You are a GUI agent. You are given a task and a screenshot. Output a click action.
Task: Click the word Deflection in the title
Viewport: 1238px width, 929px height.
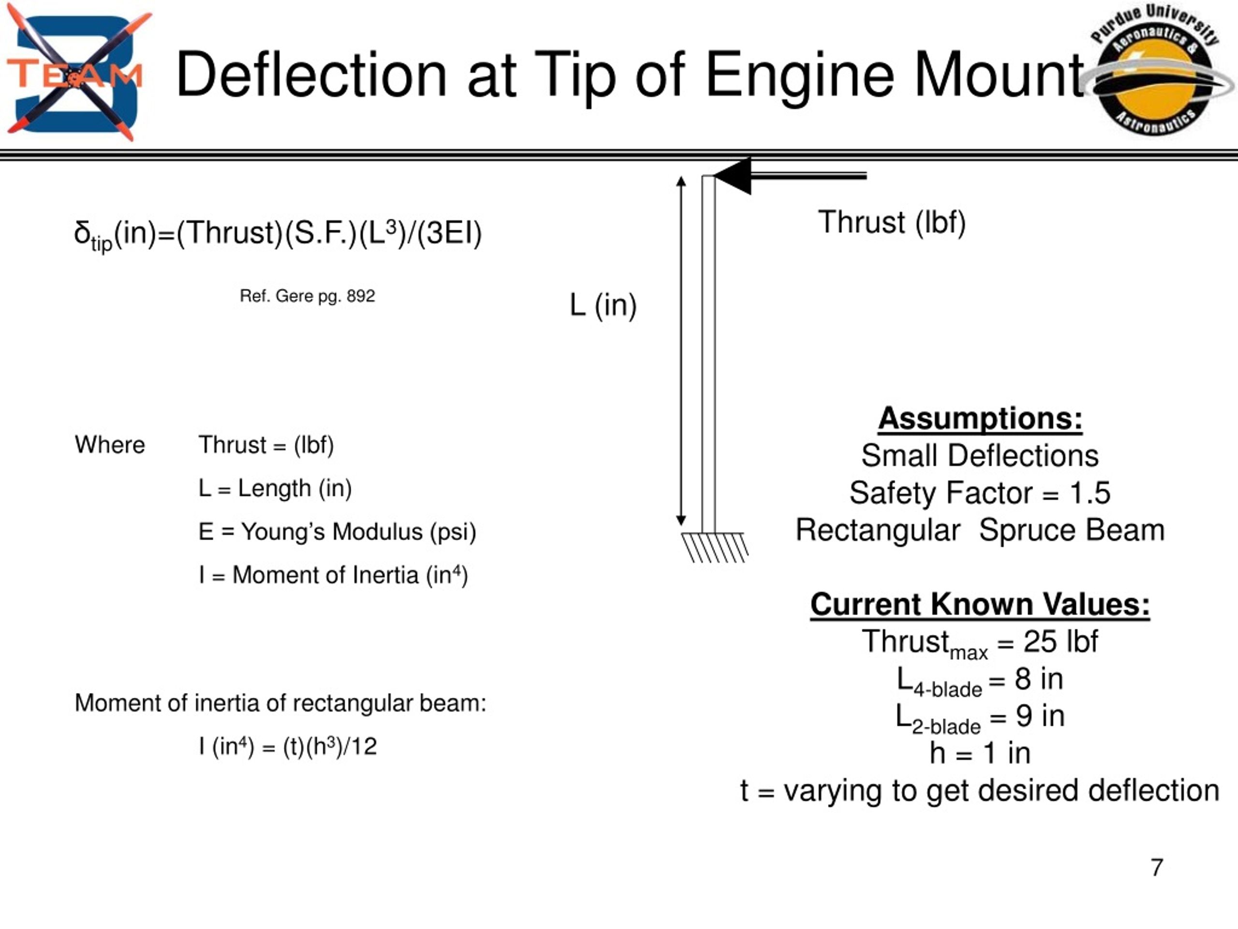[311, 75]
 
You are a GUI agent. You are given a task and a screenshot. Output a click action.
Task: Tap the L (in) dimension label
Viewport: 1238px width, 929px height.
[603, 306]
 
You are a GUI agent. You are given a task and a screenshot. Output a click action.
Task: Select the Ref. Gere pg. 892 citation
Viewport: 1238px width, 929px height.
[307, 296]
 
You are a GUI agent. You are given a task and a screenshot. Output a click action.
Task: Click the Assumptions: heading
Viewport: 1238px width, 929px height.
[980, 419]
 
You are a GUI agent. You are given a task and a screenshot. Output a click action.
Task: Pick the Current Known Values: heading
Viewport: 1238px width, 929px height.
[980, 604]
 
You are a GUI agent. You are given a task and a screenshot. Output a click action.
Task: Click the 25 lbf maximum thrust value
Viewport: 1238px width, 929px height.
[1061, 642]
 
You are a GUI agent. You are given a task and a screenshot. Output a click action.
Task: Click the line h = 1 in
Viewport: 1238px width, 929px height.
[980, 753]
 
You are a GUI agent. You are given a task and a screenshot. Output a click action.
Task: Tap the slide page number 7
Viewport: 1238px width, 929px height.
[1157, 868]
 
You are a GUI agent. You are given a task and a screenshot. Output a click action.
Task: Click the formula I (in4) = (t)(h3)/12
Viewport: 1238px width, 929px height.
[288, 747]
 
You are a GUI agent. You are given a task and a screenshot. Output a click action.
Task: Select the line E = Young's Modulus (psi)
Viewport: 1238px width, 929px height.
[337, 532]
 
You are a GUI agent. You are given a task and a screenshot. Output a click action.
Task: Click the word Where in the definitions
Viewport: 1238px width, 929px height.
[110, 445]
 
